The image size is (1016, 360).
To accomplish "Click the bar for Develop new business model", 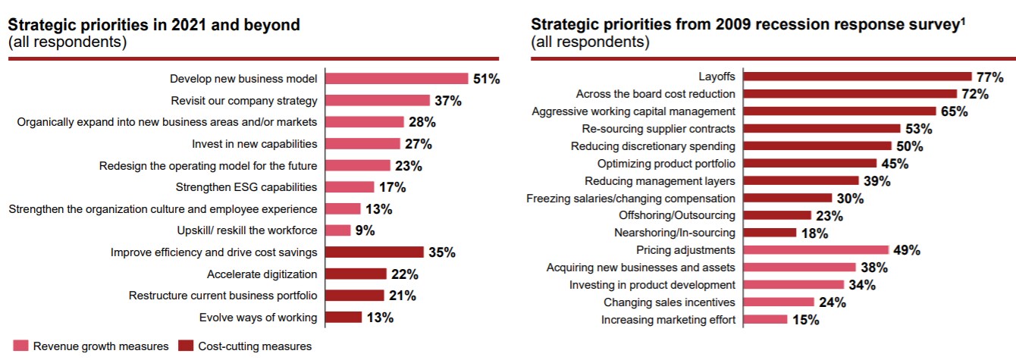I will click(x=397, y=79).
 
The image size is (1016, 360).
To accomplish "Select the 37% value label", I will click(x=447, y=101).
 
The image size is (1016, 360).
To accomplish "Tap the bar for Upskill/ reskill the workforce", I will click(x=338, y=230).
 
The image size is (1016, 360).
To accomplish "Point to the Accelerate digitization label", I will click(x=262, y=274).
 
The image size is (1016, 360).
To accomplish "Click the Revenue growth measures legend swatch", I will click(x=20, y=346).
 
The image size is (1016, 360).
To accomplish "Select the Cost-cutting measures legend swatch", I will click(x=186, y=346).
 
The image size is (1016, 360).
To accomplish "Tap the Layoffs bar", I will click(x=858, y=77).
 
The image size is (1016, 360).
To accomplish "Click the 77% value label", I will click(x=989, y=77).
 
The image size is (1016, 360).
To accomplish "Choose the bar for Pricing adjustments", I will click(x=816, y=250).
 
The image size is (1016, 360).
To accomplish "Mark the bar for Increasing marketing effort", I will click(x=765, y=320).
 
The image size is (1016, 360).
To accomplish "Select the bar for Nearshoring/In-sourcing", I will click(x=770, y=233).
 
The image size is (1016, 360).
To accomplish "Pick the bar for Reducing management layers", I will click(x=801, y=181).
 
